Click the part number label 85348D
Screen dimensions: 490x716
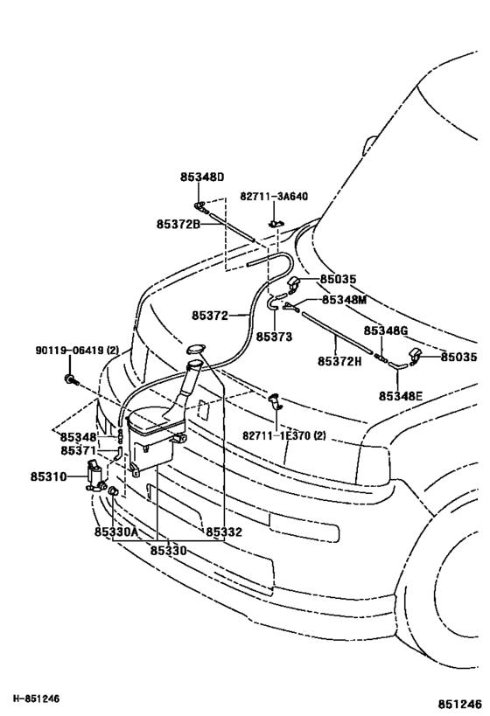coord(202,177)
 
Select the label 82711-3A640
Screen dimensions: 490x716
coord(274,197)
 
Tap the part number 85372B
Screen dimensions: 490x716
coord(178,224)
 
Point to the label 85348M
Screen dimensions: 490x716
coord(344,300)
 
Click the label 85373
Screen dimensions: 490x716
coord(274,337)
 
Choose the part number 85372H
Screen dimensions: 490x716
coord(339,361)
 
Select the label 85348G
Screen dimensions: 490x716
coord(386,330)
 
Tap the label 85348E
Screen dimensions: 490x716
coord(401,396)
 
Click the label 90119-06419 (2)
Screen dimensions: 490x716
coord(77,351)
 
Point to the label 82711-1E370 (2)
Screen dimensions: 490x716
coord(284,435)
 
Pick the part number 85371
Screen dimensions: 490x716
coord(79,451)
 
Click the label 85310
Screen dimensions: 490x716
coord(49,476)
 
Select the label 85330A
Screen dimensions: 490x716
coord(116,532)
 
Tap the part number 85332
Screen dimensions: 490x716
coord(224,532)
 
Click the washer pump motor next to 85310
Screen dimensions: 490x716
coord(95,476)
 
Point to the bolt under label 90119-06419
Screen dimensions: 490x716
coord(71,379)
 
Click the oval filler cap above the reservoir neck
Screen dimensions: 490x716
coord(196,350)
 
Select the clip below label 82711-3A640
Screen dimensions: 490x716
coord(276,223)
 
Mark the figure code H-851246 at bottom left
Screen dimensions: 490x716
coord(36,699)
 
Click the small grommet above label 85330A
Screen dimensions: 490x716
coord(113,491)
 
